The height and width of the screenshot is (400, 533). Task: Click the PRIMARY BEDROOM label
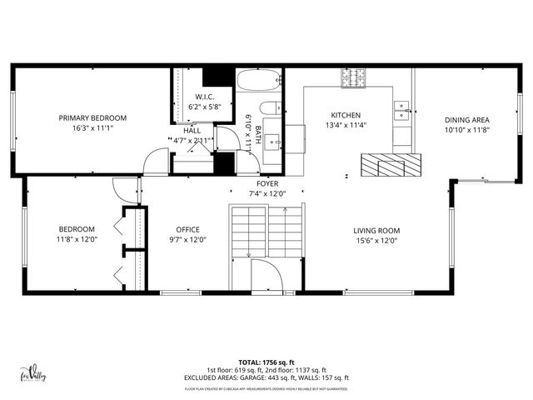click(x=92, y=117)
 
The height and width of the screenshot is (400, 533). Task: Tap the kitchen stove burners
click(x=353, y=77)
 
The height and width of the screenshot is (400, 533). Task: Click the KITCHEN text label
click(x=346, y=116)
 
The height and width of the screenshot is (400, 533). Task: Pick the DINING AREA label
click(x=466, y=119)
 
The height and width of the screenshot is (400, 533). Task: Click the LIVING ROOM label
click(x=377, y=230)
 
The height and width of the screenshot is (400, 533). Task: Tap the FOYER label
click(x=267, y=183)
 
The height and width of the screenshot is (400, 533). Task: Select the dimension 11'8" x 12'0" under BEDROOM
click(x=76, y=240)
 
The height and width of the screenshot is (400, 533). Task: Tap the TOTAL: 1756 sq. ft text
click(x=266, y=362)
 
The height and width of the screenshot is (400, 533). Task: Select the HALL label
click(x=192, y=131)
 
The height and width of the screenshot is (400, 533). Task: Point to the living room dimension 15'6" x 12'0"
click(x=377, y=240)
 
